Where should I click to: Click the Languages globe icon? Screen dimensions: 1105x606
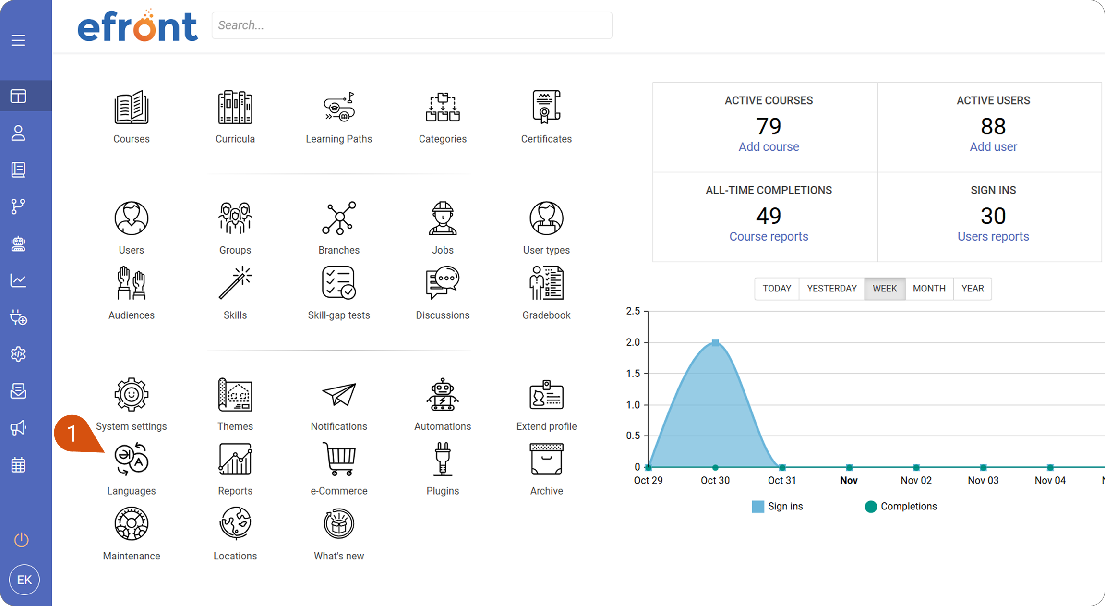(131, 459)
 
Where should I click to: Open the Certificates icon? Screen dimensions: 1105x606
(546, 106)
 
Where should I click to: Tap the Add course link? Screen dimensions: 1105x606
(769, 146)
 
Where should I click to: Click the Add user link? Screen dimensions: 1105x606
(993, 146)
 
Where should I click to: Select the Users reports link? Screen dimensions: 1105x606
(993, 236)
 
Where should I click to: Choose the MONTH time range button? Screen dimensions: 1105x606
(929, 288)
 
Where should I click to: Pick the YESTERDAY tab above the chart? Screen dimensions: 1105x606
(831, 288)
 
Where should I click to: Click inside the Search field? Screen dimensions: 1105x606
(412, 25)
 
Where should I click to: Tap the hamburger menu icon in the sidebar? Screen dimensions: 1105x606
(18, 40)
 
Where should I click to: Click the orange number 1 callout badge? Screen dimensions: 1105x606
(72, 433)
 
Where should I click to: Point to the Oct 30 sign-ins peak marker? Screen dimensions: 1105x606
(715, 342)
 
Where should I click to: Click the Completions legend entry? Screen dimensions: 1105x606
(901, 506)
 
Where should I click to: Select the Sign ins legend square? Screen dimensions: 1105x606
(758, 507)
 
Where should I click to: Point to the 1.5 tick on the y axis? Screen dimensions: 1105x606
(633, 373)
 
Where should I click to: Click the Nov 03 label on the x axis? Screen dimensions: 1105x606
(983, 480)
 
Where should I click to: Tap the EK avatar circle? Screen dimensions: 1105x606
(24, 580)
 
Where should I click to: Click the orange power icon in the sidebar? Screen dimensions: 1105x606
(21, 539)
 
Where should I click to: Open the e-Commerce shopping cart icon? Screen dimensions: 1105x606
(339, 459)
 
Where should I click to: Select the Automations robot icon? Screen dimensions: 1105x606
(443, 394)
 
